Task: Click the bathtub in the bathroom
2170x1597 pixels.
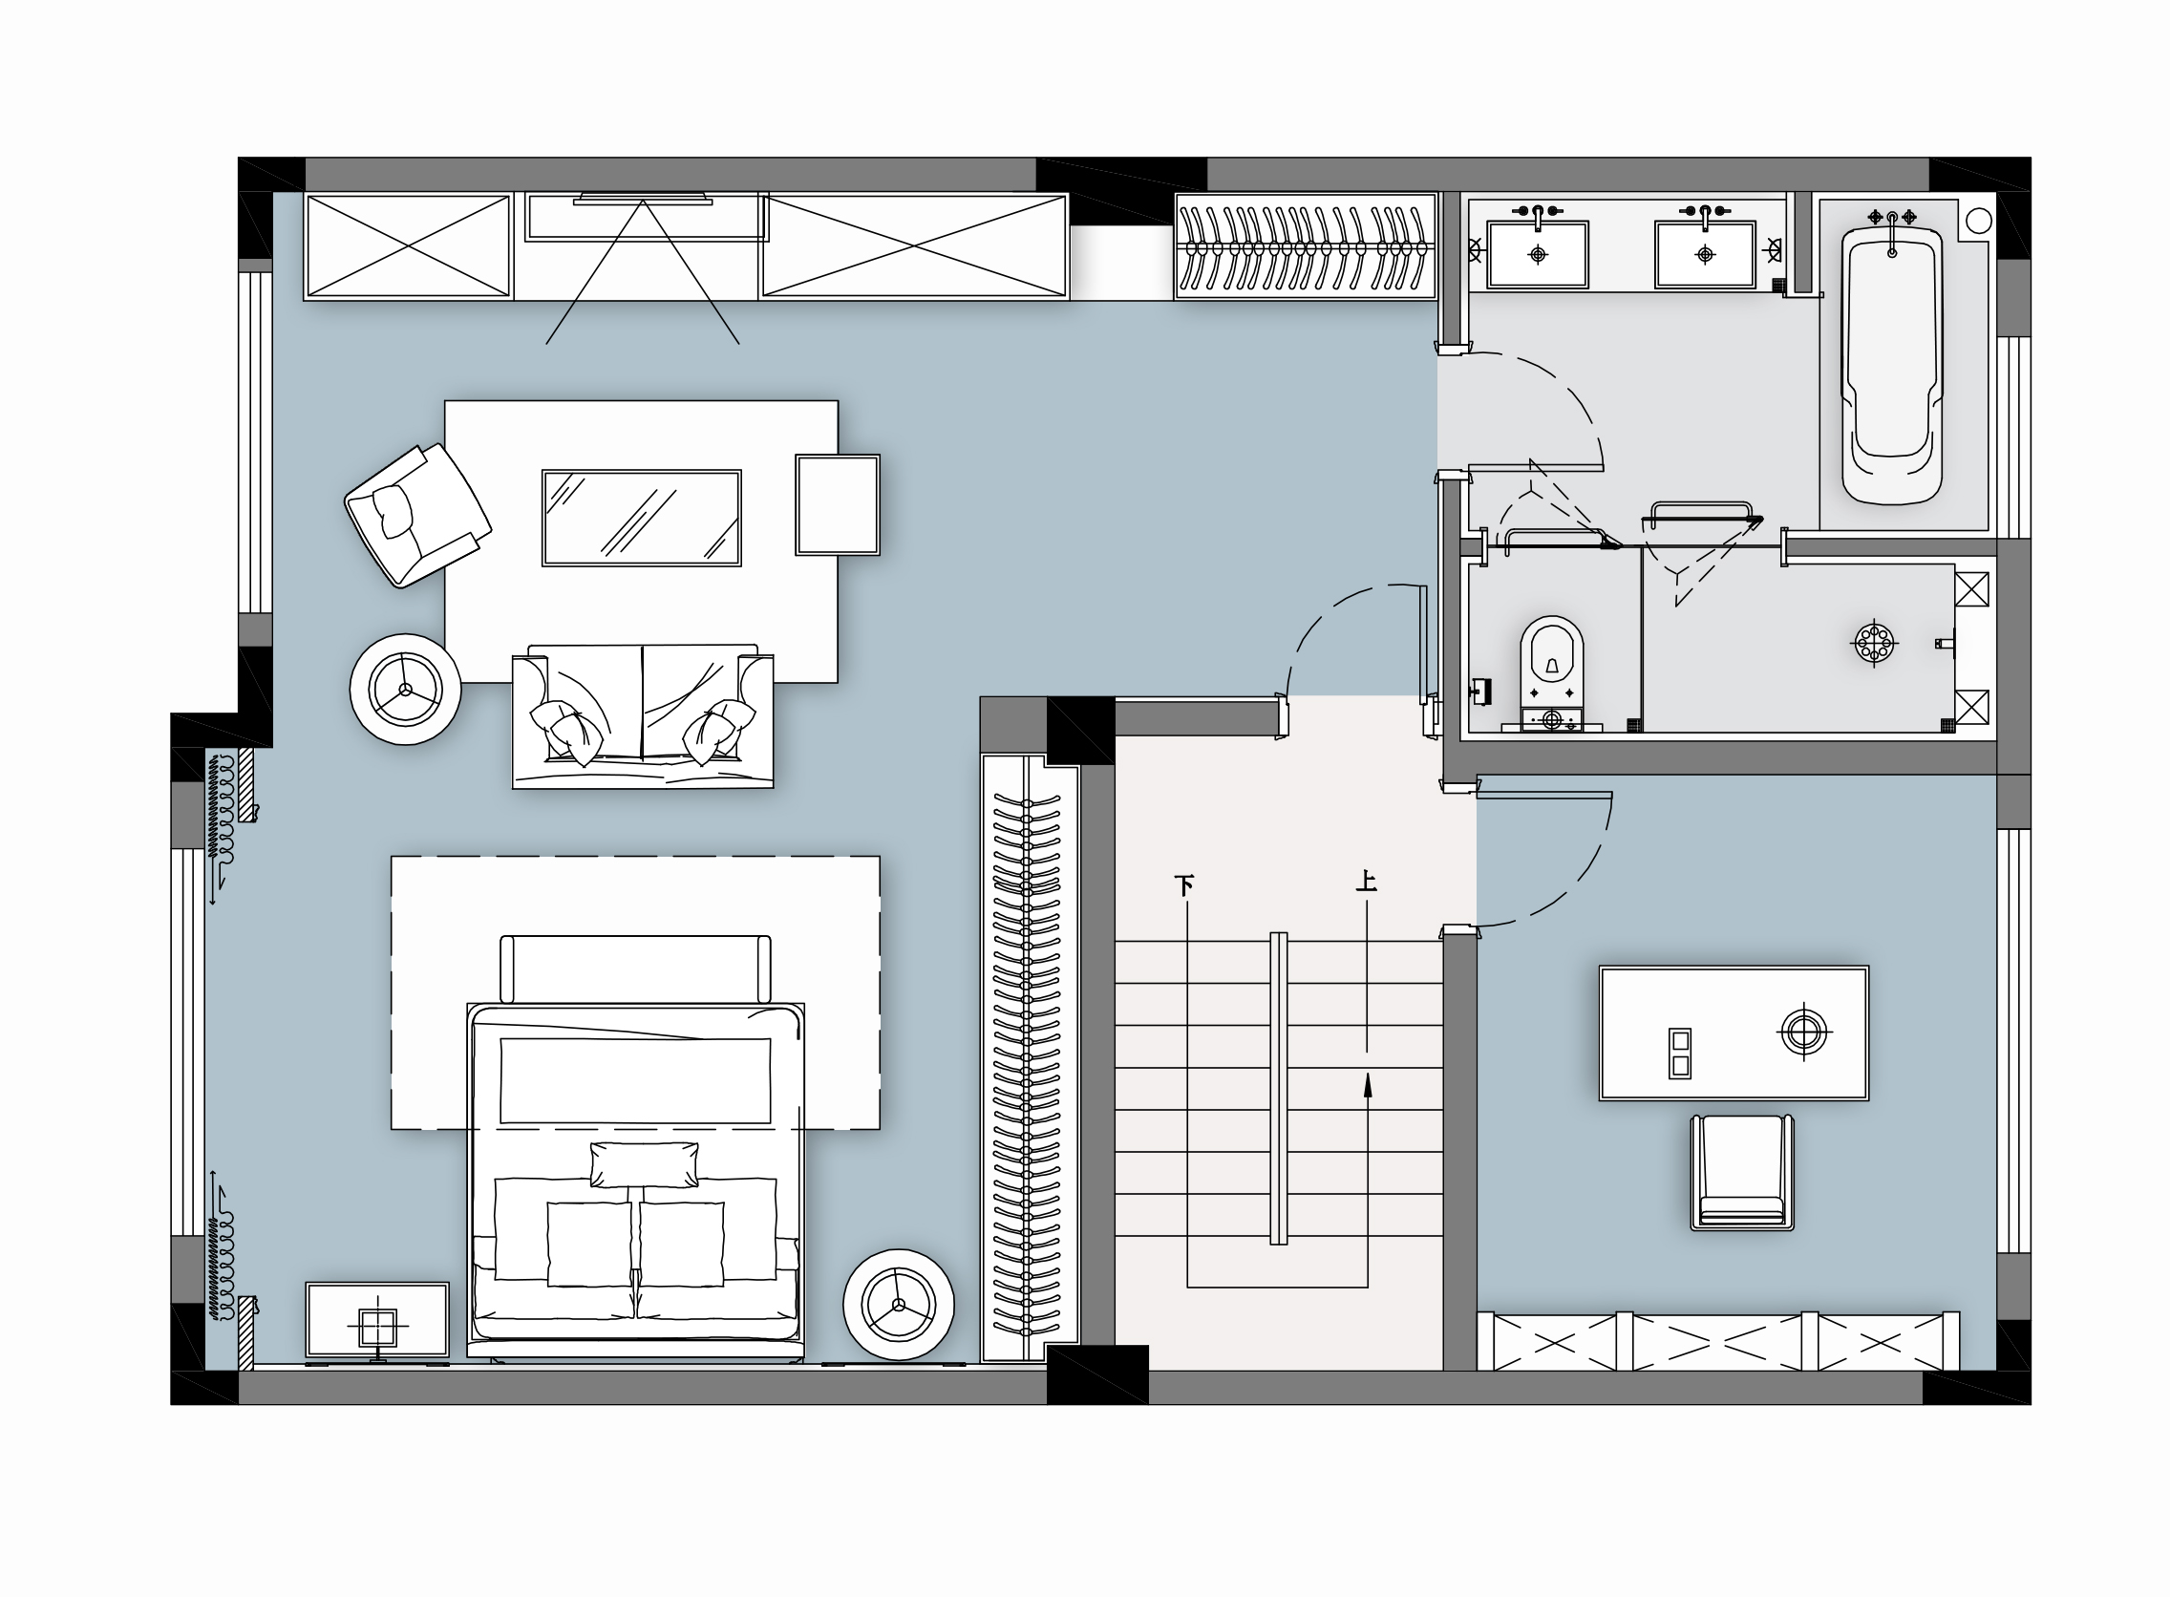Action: (x=1892, y=365)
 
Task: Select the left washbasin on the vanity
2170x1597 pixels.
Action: (x=1538, y=254)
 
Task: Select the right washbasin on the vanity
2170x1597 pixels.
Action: (x=1705, y=254)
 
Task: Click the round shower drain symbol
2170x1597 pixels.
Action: (x=1874, y=643)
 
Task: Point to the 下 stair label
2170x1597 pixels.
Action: (x=1184, y=884)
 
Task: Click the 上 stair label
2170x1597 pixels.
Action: (x=1366, y=881)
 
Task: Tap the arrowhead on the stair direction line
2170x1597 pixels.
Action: (x=1368, y=1087)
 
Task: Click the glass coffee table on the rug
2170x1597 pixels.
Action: (x=642, y=517)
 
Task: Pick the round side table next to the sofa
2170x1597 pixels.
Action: (x=406, y=690)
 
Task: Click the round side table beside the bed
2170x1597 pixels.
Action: (x=899, y=1304)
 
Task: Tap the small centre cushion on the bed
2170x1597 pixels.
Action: (x=644, y=1164)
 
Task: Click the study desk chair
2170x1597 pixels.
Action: (x=1742, y=1173)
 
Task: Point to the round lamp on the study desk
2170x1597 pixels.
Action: (x=1802, y=1033)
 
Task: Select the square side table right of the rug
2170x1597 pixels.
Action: (x=838, y=504)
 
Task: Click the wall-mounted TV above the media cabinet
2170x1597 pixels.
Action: (x=643, y=201)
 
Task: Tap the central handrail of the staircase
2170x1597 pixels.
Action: (x=1278, y=1088)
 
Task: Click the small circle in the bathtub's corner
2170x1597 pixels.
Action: (x=1979, y=221)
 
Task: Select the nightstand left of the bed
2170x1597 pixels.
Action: (x=377, y=1320)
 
